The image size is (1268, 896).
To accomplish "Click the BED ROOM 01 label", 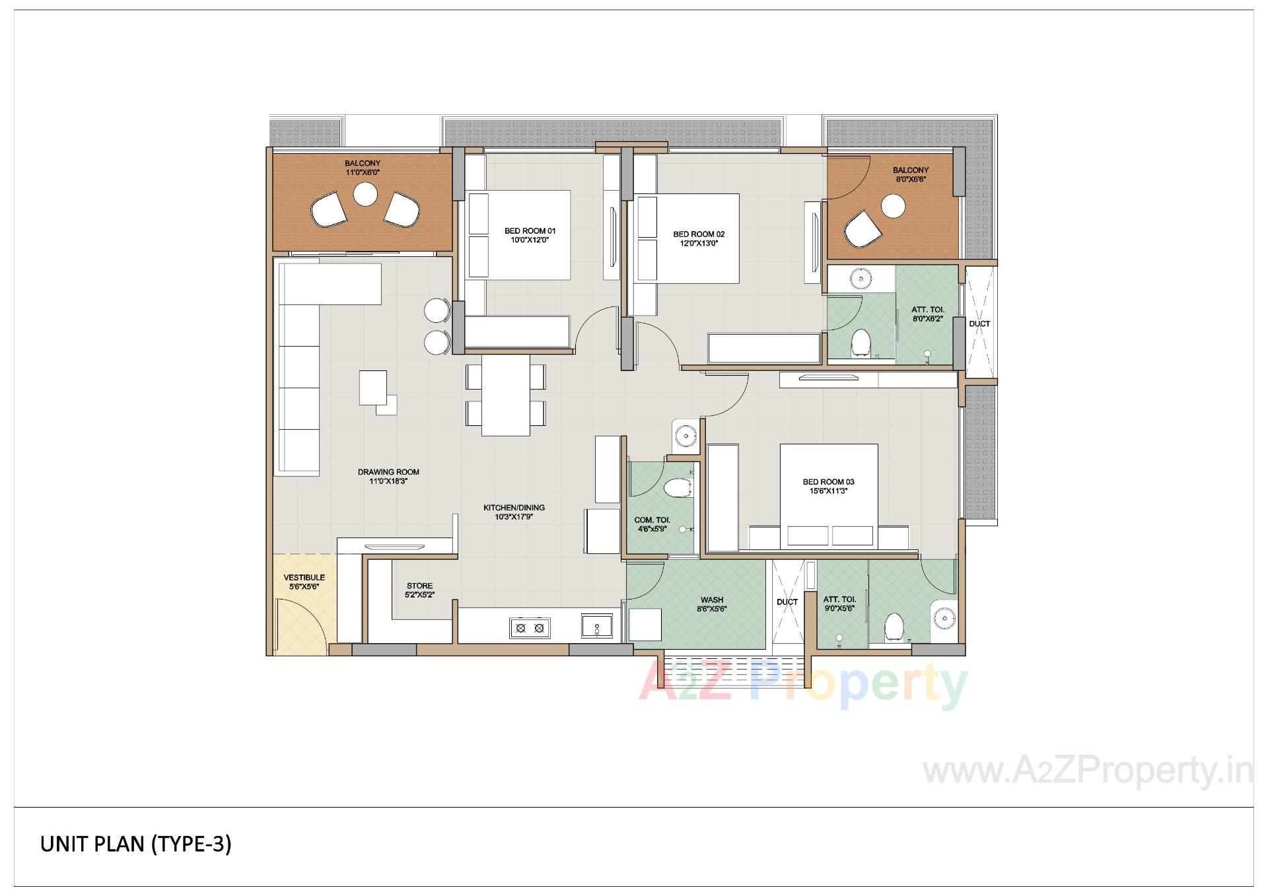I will tap(530, 231).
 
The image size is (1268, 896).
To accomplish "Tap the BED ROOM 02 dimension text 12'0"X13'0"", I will tap(699, 244).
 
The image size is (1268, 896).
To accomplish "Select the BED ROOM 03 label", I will tap(828, 482).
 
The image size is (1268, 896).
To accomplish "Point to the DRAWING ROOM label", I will tap(388, 472).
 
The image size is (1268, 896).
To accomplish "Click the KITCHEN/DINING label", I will tap(514, 508).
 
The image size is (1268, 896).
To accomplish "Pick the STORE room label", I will tap(419, 586).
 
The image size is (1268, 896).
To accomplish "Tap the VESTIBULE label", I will tap(304, 578).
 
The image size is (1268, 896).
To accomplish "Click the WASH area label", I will tap(712, 600).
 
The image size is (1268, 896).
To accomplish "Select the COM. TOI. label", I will tap(652, 520).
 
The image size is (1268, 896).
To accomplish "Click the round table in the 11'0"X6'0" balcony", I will tap(365, 194).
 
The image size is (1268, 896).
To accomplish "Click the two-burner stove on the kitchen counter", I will tap(530, 628).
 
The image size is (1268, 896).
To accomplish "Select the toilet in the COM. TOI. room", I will tap(677, 489).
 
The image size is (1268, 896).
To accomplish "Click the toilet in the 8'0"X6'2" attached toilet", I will tap(860, 342).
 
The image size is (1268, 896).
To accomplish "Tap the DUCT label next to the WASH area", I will tap(787, 602).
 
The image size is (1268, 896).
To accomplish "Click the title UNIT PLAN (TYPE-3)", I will tap(135, 844).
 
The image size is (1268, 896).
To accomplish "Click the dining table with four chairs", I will tap(506, 395).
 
